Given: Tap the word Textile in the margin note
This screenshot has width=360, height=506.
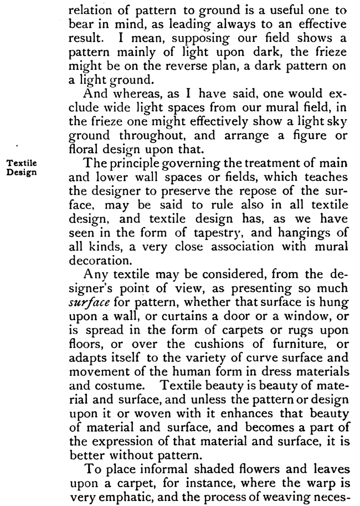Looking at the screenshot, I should [x=20, y=165].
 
